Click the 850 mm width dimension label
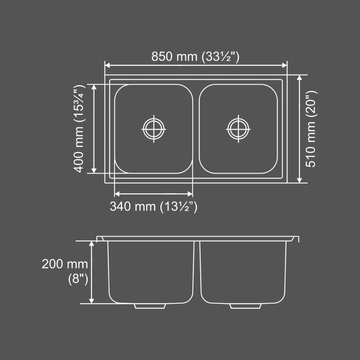coord(195,57)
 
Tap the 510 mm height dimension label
coord(311,129)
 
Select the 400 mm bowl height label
coord(79,129)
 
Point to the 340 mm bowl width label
coord(154,207)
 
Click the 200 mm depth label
coord(65,264)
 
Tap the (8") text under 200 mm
coord(78,279)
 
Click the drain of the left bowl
coord(154,129)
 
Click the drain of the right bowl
coord(238,129)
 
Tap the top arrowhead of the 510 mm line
coord(299,77)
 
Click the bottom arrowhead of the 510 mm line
coord(299,180)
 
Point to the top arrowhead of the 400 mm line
coord(94,86)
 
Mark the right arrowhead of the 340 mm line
coord(190,194)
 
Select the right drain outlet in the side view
coord(246,306)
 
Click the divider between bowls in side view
coord(197,270)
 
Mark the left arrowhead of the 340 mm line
coord(117,194)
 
